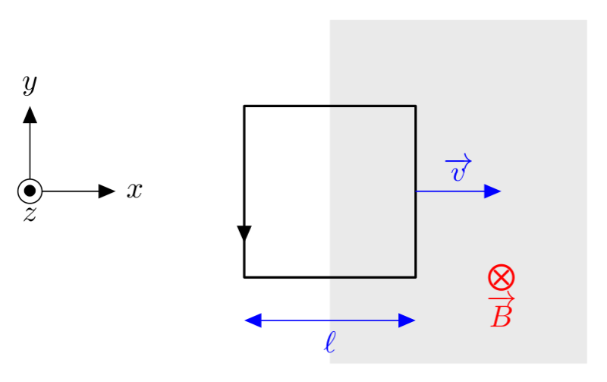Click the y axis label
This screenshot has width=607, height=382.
pyautogui.click(x=30, y=84)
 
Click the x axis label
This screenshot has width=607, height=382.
pyautogui.click(x=134, y=191)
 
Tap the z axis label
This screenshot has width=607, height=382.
pyautogui.click(x=30, y=215)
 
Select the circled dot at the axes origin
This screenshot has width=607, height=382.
pyautogui.click(x=30, y=191)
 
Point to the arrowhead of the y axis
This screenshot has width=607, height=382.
pyautogui.click(x=30, y=115)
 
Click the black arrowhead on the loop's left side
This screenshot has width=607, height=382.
pyautogui.click(x=244, y=234)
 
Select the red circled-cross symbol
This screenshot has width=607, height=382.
pyautogui.click(x=501, y=277)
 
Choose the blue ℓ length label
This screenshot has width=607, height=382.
pyautogui.click(x=329, y=343)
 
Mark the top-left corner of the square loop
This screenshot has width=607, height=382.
pyautogui.click(x=244, y=106)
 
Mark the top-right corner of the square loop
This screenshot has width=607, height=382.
pyautogui.click(x=416, y=106)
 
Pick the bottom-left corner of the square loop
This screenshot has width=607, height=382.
pyautogui.click(x=244, y=277)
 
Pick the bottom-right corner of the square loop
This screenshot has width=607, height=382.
pyautogui.click(x=416, y=277)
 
